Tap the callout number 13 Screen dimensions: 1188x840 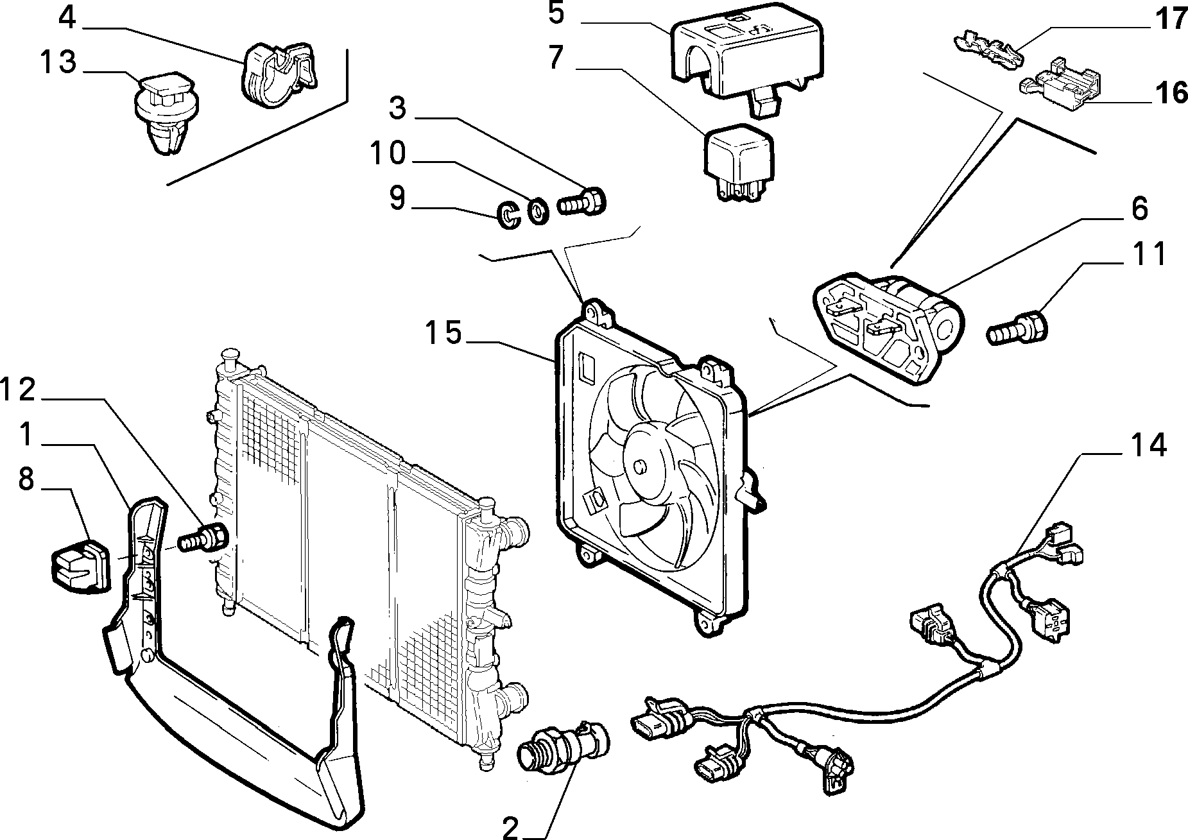(x=58, y=63)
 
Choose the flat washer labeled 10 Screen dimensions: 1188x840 (x=538, y=211)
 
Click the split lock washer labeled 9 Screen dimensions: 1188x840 (x=509, y=215)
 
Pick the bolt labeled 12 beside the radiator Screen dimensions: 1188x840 (x=203, y=536)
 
